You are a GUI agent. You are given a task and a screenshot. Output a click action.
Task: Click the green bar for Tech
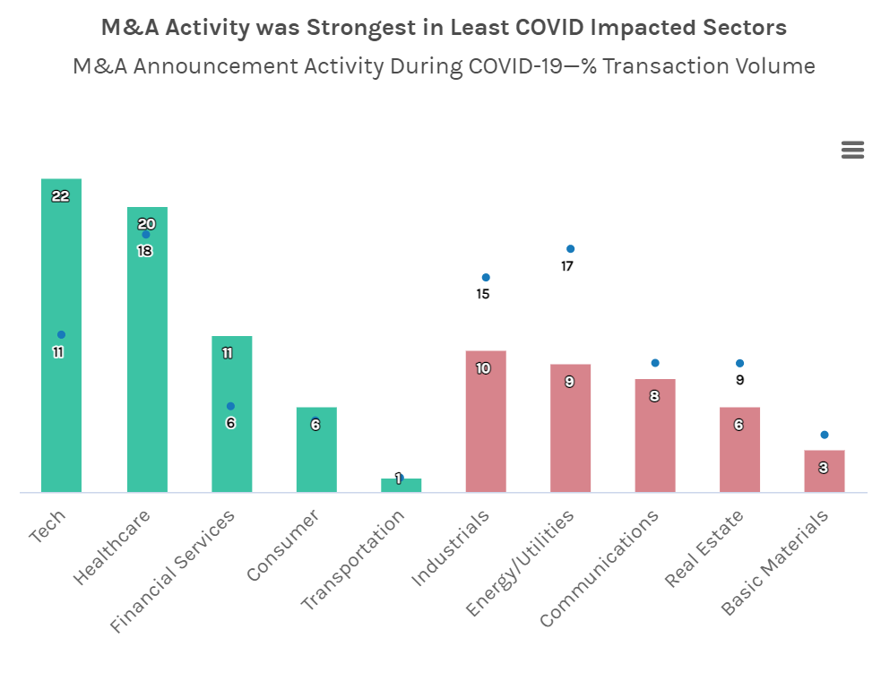[x=61, y=403]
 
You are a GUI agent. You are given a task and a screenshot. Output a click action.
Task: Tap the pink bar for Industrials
[x=486, y=430]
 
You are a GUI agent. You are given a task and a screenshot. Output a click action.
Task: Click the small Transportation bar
[x=401, y=485]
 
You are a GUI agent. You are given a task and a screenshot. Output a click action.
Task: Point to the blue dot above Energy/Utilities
[x=570, y=249]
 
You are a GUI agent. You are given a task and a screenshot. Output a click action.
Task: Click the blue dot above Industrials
[x=486, y=278]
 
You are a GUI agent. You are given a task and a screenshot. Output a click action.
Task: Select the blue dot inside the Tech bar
[x=61, y=335]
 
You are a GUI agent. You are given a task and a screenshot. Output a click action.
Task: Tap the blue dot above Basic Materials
[x=825, y=435]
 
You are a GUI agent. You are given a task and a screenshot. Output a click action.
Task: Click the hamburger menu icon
[x=852, y=151]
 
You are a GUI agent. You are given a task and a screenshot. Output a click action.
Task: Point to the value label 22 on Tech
[x=61, y=196]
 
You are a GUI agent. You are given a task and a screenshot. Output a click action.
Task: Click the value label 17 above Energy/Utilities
[x=567, y=266]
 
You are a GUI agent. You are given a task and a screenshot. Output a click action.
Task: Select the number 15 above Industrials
[x=483, y=294]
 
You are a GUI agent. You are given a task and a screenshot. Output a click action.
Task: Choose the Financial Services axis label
[x=173, y=570]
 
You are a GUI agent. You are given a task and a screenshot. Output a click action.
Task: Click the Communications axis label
[x=600, y=568]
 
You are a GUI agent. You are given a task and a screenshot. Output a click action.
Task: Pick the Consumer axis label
[x=283, y=546]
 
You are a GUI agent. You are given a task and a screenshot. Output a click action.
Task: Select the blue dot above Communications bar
[x=655, y=363]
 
